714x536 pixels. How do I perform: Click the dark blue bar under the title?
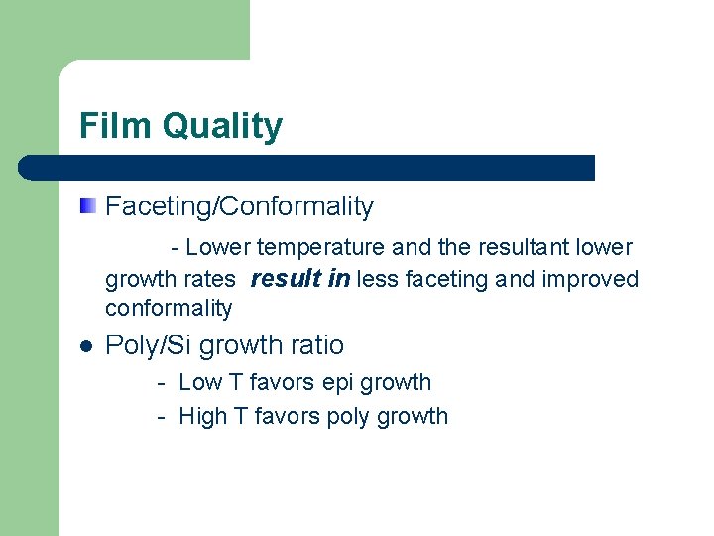coord(307,167)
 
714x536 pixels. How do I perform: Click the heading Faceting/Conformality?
coord(239,206)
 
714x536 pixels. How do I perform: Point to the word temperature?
coord(321,247)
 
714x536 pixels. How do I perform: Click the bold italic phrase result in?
coord(299,279)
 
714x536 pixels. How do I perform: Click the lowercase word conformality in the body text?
coord(169,308)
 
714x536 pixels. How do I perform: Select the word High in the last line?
coord(202,416)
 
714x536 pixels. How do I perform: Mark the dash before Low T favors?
coord(160,383)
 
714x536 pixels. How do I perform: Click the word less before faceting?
coord(377,280)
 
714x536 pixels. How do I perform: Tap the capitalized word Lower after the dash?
coord(218,247)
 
